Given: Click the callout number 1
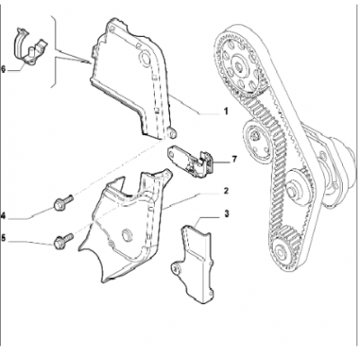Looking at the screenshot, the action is coord(226,112).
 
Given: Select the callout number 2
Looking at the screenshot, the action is coord(226,191).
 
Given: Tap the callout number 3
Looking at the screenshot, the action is coord(226,213).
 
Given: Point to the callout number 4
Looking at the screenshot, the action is coord(4,215).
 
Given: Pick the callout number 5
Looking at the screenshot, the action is coord(4,238).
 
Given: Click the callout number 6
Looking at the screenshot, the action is coord(4,69).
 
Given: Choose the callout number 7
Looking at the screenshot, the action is coord(234,159).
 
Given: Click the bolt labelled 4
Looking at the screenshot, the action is coord(63,202).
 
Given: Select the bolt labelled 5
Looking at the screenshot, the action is coord(63,240).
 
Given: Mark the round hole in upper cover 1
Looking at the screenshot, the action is coord(145,58).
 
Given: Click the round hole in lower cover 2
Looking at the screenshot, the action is coord(127,235).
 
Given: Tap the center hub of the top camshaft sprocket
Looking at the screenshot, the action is coord(239,65).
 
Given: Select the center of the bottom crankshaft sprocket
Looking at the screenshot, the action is coord(282,251).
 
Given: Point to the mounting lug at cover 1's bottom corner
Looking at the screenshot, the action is coord(172,133).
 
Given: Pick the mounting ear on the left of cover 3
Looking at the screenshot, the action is coord(176,268).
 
